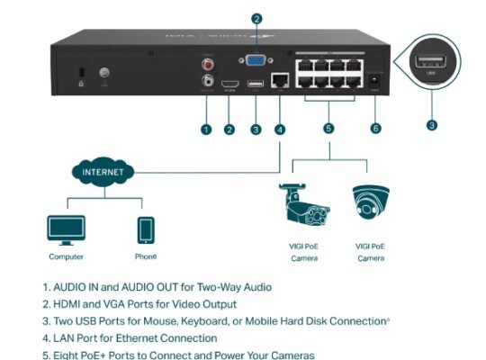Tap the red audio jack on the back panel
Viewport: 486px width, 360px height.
(210, 64)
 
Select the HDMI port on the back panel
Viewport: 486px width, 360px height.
(230, 82)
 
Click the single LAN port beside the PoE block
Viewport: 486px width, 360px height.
(279, 80)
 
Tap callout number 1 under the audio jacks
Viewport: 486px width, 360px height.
(206, 130)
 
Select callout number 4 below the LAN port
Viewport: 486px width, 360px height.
(280, 130)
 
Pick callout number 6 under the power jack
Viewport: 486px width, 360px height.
(376, 130)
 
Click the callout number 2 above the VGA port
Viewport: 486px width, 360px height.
(256, 18)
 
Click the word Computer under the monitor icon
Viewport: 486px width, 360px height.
(66, 256)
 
